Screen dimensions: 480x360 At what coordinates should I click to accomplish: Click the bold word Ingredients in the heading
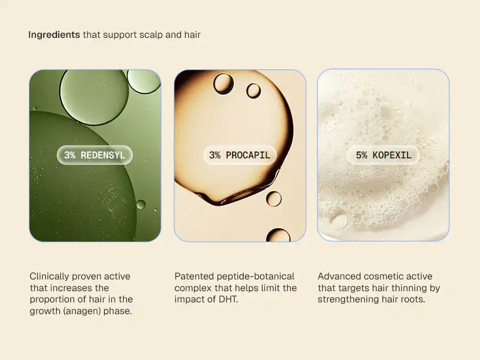tap(54, 35)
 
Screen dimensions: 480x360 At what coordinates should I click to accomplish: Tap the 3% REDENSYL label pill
tap(94, 155)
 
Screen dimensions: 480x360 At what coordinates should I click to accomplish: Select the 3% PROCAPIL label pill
tap(239, 155)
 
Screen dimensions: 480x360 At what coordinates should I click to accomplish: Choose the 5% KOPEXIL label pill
tap(383, 155)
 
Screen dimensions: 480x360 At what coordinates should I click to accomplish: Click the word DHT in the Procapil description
tap(228, 299)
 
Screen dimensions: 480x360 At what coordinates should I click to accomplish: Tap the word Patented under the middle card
tap(194, 276)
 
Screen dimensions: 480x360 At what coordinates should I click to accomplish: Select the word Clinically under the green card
tap(49, 277)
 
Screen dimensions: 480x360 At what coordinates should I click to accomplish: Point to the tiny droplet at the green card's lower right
tap(141, 204)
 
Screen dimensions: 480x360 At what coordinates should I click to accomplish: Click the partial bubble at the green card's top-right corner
tap(143, 81)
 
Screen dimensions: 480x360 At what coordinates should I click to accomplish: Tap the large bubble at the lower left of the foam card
tap(339, 221)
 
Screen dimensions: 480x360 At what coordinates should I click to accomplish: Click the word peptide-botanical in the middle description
tap(255, 277)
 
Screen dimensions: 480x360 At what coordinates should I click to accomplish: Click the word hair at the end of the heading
tap(192, 35)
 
